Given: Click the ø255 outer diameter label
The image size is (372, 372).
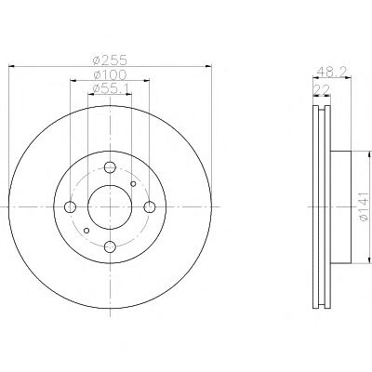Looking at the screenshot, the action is coord(110,60).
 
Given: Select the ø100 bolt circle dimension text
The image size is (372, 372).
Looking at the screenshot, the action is coord(110,75).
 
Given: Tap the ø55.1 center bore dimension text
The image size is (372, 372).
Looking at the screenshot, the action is coord(111,89).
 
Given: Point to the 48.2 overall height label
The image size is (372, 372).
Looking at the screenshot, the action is coord(331,73).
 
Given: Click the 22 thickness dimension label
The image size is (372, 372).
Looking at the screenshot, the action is coord(321,90).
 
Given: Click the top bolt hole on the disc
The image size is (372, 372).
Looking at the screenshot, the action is coord(110,167).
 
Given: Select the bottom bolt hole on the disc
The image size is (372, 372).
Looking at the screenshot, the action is coord(110,246).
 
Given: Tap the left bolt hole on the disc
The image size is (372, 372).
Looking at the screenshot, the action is coord(71,206).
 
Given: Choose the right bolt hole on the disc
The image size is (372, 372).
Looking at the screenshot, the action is coord(150,206).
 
